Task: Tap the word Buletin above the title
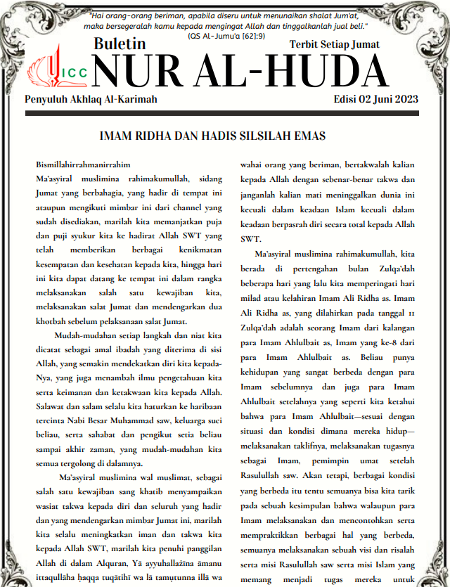coord(120,44)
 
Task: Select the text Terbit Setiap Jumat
coord(334,44)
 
